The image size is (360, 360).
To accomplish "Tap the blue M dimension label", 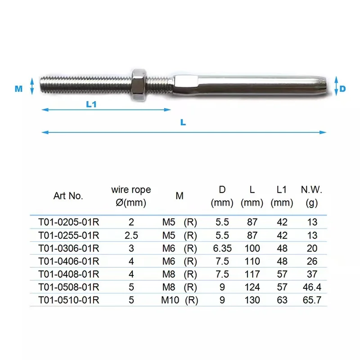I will [x=18, y=89].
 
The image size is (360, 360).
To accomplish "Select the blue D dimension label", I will [x=342, y=89].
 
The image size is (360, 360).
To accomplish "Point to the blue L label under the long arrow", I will [x=183, y=122].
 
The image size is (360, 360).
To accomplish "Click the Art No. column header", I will [x=68, y=196].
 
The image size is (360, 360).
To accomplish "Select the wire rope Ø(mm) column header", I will [x=131, y=196].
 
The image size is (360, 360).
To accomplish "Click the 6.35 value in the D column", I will [x=222, y=248].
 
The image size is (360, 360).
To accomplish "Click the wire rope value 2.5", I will [x=131, y=235].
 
